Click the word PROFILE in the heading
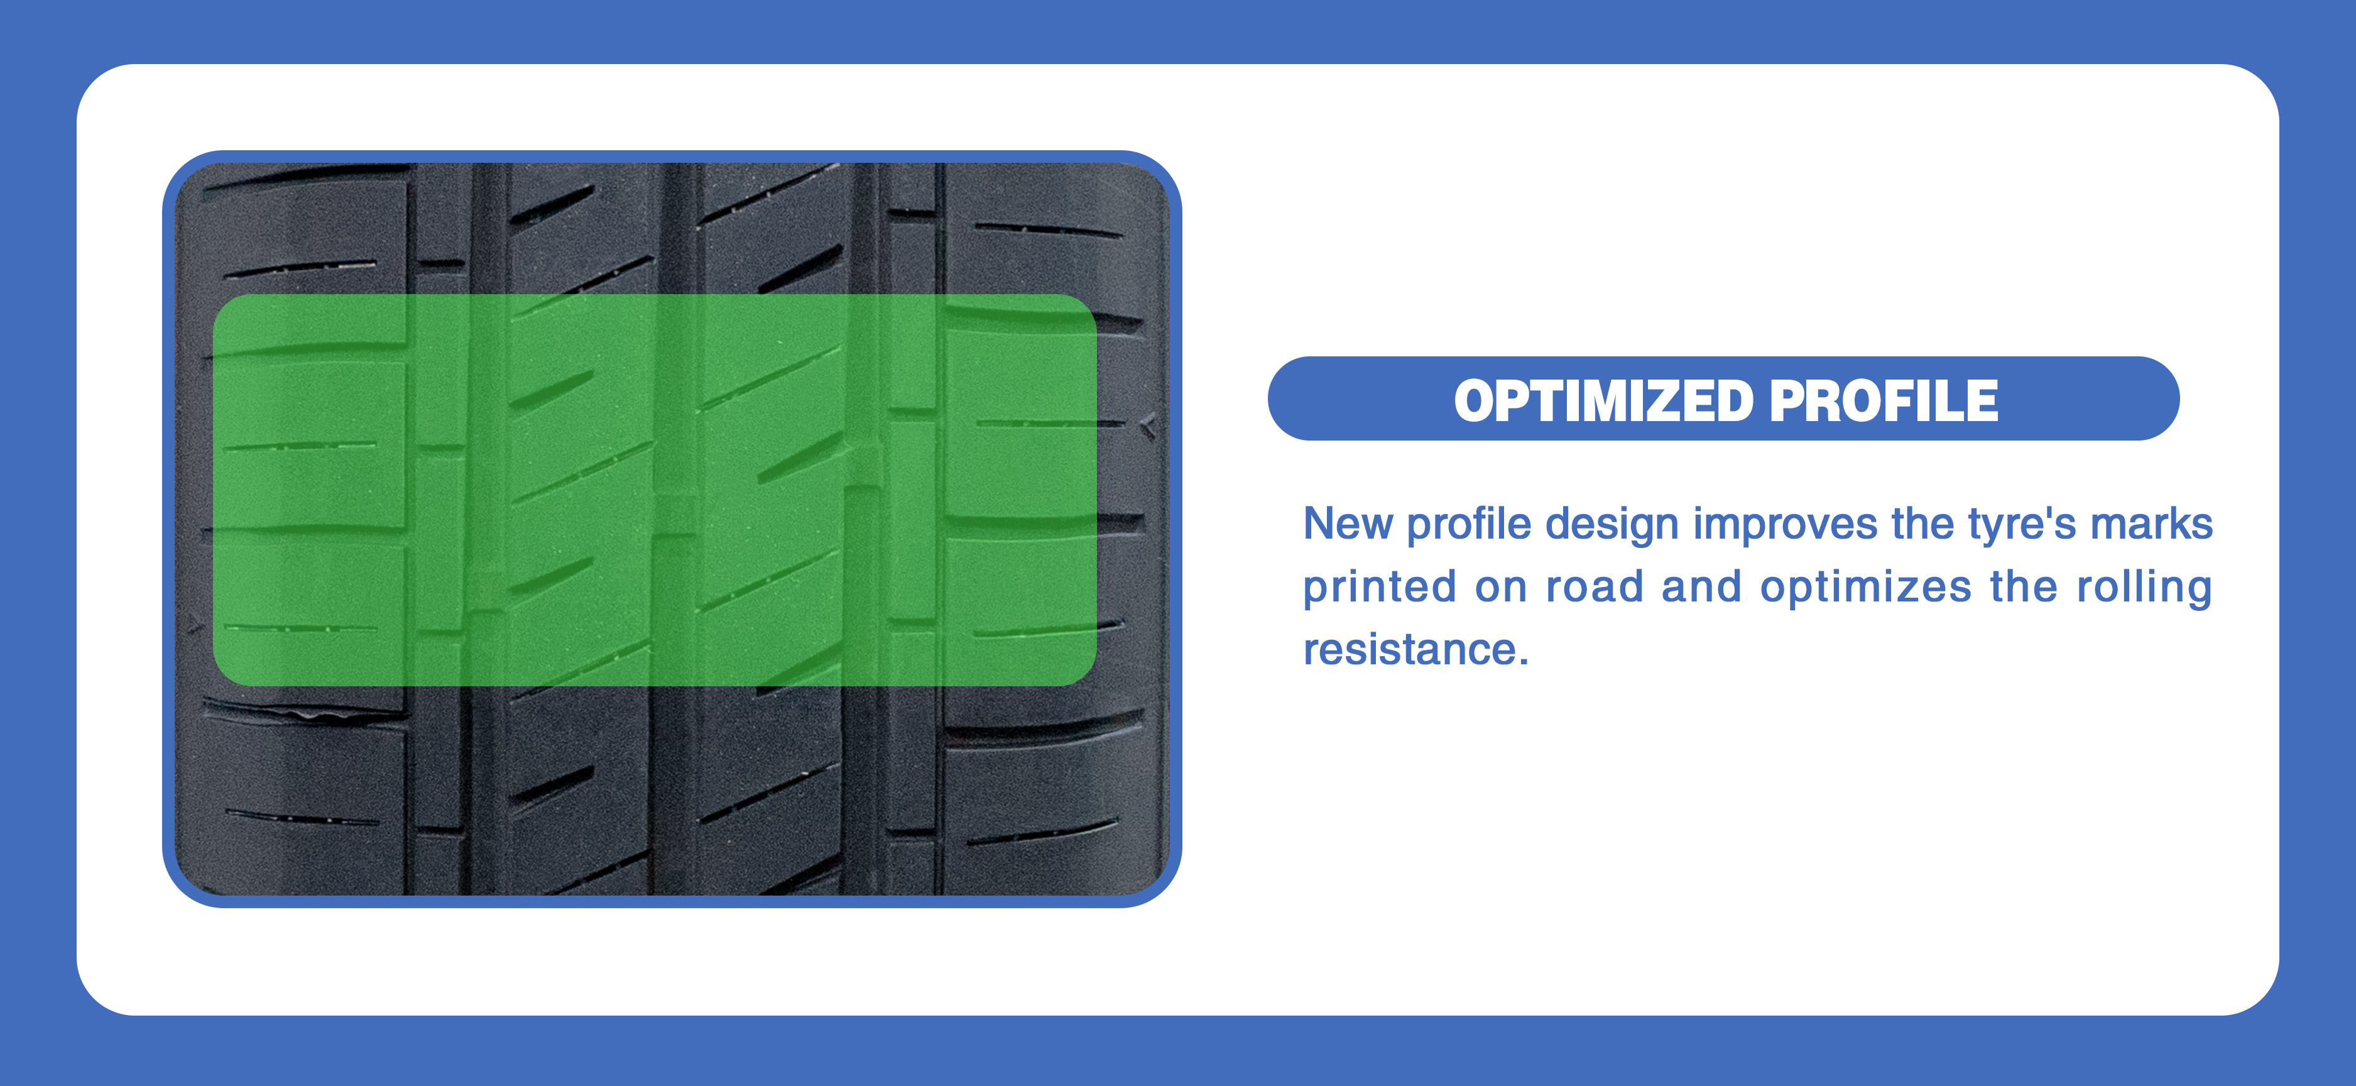coord(1884,401)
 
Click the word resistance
coord(1409,650)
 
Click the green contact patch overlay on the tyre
coord(655,490)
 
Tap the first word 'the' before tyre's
coord(1922,524)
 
